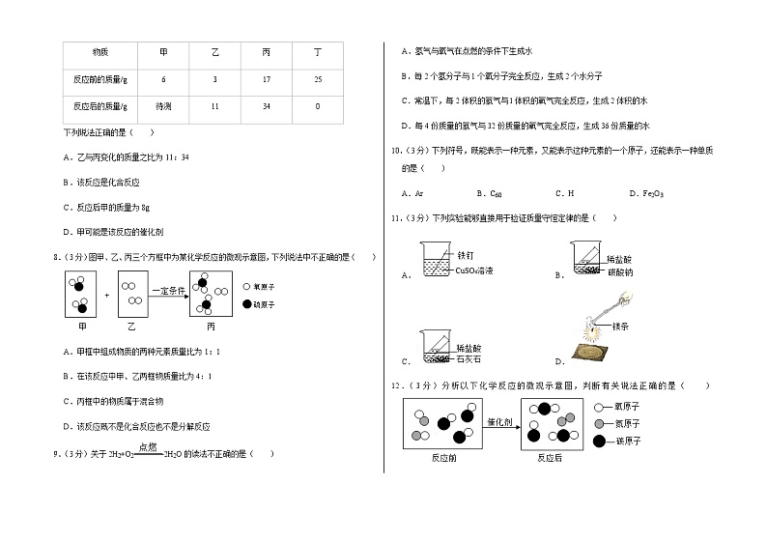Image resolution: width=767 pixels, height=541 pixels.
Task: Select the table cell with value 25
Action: pyautogui.click(x=318, y=79)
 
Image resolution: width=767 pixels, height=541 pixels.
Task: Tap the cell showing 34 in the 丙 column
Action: pyautogui.click(x=266, y=106)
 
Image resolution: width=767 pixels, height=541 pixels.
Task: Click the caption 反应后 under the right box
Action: pyautogui.click(x=550, y=459)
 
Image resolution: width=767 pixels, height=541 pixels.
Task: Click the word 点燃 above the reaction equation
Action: pyautogui.click(x=148, y=446)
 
